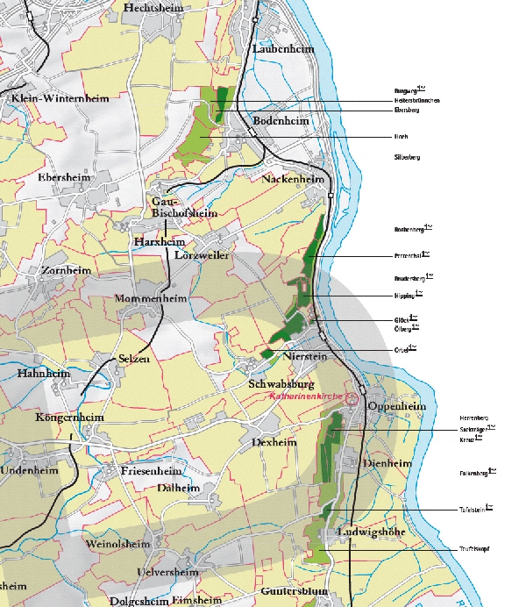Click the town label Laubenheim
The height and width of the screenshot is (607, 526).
(282, 49)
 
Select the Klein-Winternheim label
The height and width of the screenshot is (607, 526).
(59, 98)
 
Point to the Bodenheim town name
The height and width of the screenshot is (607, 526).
(281, 120)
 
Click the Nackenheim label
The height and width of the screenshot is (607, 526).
(293, 179)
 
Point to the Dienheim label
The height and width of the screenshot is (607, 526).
(387, 463)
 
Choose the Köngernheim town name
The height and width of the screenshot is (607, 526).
(69, 417)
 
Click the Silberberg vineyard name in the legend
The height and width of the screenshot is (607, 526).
(408, 157)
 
